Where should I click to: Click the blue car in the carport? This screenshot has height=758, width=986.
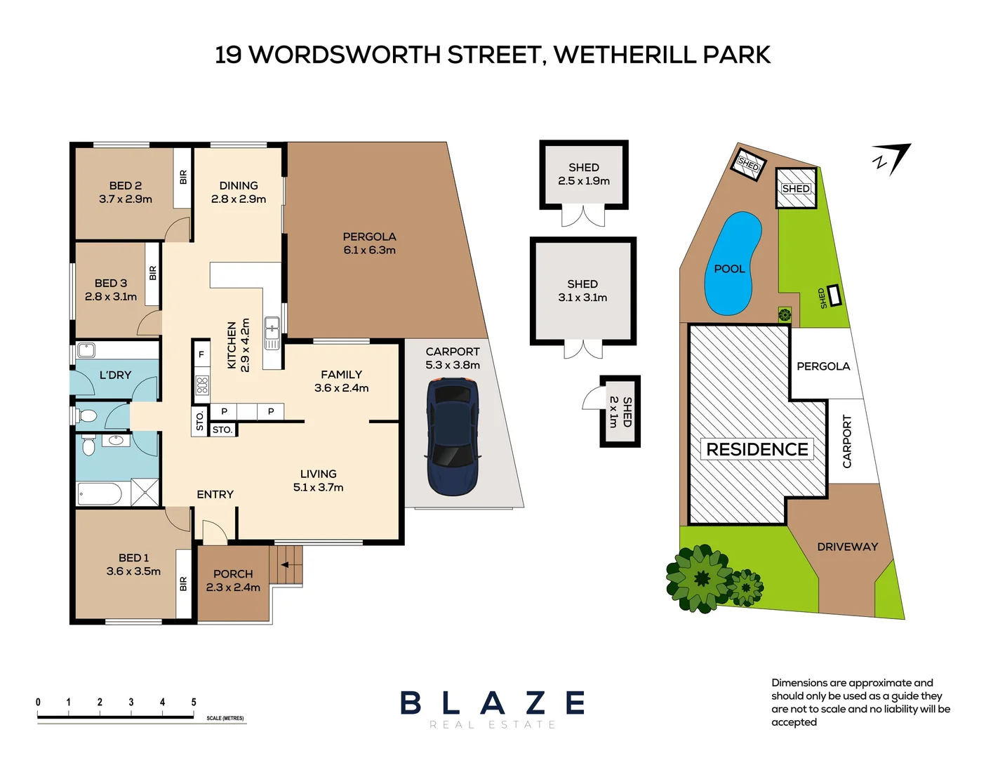(x=453, y=437)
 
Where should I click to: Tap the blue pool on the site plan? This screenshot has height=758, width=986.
(x=732, y=263)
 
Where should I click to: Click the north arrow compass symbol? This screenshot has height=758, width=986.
(x=892, y=159)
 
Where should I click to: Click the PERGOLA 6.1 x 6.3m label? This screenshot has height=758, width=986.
(x=369, y=244)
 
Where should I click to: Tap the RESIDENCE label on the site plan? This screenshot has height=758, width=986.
(x=757, y=449)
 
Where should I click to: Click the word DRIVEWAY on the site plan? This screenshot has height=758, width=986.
(x=847, y=547)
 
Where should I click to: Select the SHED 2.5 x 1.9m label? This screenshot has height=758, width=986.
(x=583, y=174)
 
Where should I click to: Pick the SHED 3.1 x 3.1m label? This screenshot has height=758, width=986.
(x=582, y=291)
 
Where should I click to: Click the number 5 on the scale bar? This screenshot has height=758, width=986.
(x=194, y=702)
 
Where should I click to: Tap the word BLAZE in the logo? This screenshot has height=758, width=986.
(x=492, y=703)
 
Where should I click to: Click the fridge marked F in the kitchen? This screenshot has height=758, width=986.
(x=201, y=355)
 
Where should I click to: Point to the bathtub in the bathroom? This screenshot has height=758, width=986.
(x=100, y=493)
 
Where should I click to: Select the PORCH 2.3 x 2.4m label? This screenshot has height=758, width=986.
(x=233, y=580)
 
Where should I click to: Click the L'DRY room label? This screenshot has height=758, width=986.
(x=115, y=375)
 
